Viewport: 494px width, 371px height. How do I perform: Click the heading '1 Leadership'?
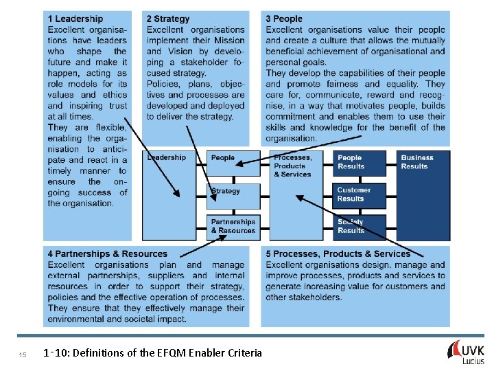[x=75, y=19]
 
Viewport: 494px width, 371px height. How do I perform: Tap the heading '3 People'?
[x=284, y=19]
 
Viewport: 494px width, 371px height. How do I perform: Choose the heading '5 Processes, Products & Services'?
[x=338, y=254]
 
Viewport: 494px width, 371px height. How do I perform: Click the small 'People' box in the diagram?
[x=233, y=163]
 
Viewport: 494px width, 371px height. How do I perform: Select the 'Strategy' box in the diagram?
[x=233, y=195]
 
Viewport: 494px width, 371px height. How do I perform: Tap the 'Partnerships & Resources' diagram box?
[x=233, y=227]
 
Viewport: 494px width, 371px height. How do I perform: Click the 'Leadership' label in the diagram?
[x=167, y=157]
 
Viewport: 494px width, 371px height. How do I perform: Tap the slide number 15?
[x=23, y=355]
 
